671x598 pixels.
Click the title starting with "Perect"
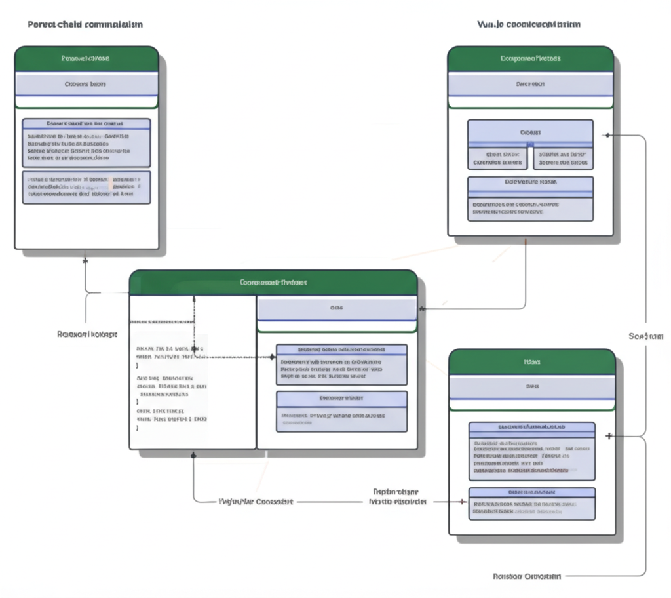(85, 24)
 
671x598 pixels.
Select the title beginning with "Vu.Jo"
(528, 24)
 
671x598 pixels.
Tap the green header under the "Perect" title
(86, 59)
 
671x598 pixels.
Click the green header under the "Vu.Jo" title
(530, 59)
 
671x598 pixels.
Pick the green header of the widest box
(273, 283)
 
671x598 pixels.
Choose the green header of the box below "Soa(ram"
(531, 361)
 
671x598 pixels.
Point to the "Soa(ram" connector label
(645, 336)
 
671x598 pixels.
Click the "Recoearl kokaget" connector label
(87, 334)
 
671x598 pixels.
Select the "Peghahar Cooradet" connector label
(255, 501)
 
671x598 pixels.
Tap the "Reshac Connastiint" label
(526, 576)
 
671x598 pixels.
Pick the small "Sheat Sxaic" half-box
(497, 158)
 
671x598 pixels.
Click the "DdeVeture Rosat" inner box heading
(530, 182)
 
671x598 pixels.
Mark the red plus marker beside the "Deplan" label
(463, 502)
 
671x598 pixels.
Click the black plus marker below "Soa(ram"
(609, 436)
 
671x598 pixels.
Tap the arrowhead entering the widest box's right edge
(421, 308)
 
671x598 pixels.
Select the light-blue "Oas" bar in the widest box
(337, 308)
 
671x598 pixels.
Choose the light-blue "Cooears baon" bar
(86, 85)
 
